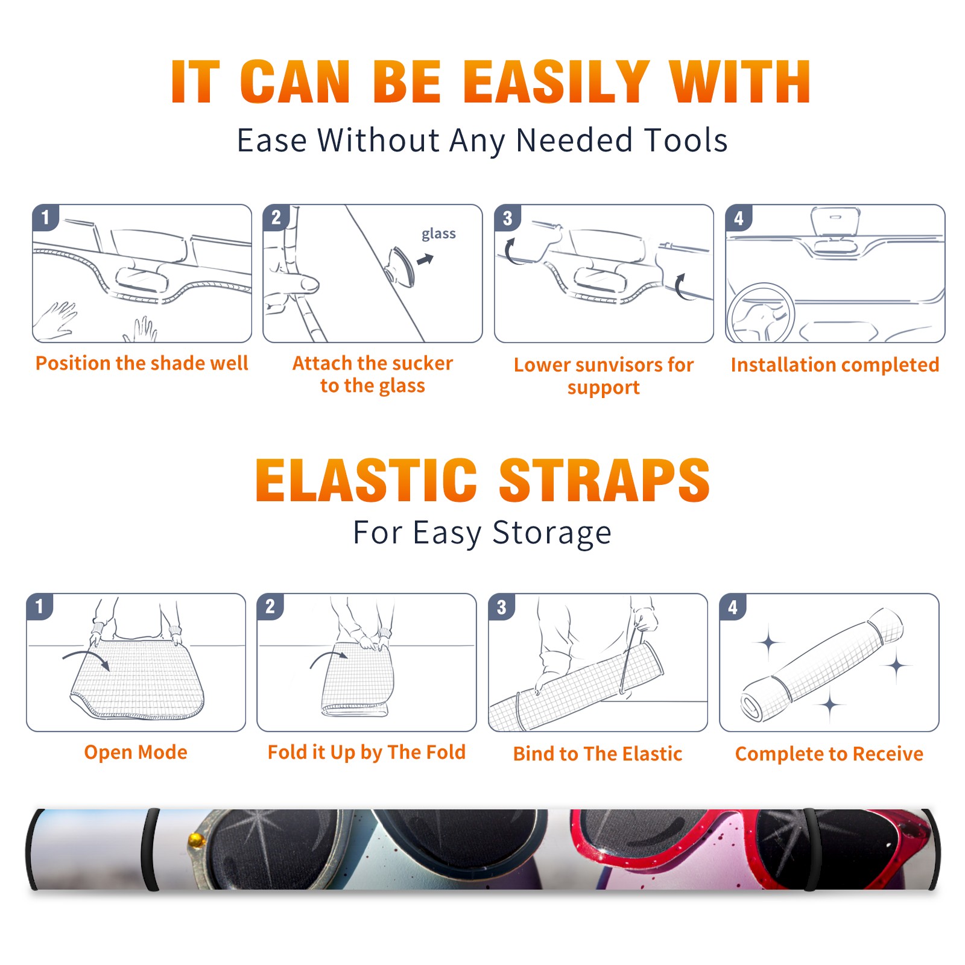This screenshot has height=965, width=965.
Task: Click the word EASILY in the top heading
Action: [556, 82]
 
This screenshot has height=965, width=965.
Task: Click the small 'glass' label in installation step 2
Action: [438, 234]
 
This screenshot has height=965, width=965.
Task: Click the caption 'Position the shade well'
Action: [142, 363]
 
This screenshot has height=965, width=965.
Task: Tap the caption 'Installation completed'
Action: [835, 365]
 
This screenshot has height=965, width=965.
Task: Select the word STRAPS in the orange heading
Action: [604, 480]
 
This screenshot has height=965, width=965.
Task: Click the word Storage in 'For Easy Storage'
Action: [552, 533]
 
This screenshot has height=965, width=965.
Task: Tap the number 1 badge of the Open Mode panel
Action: [40, 607]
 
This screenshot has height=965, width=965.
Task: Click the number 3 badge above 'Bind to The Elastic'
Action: [502, 607]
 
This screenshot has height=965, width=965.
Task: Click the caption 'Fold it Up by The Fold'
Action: [367, 752]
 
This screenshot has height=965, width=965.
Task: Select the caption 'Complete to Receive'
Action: [829, 754]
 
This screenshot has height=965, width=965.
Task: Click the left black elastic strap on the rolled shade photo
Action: [150, 850]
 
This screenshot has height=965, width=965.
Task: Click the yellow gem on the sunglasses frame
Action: [195, 839]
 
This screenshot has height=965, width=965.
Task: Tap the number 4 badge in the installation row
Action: [739, 218]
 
